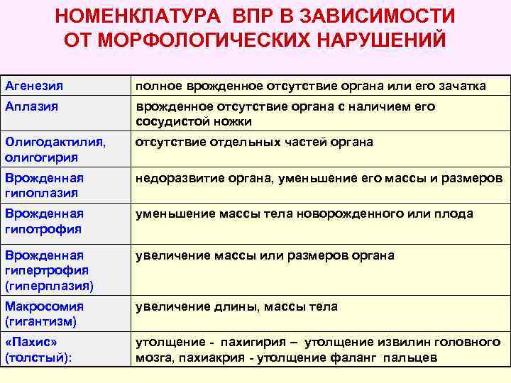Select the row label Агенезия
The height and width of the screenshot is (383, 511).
34,86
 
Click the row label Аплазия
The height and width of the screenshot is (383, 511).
31,106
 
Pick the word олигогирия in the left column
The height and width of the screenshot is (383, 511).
40,157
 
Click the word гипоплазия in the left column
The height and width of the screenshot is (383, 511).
40,193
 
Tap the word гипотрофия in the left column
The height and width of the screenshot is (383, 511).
43,229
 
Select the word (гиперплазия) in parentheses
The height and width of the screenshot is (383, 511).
48,285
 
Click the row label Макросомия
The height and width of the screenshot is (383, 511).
44,306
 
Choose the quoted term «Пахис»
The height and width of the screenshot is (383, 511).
31,342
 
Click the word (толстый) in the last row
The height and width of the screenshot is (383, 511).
38,357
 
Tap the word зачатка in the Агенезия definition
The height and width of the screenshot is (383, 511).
461,86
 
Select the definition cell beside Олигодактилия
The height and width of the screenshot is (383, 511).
254,142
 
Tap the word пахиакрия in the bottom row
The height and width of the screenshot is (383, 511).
208,357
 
